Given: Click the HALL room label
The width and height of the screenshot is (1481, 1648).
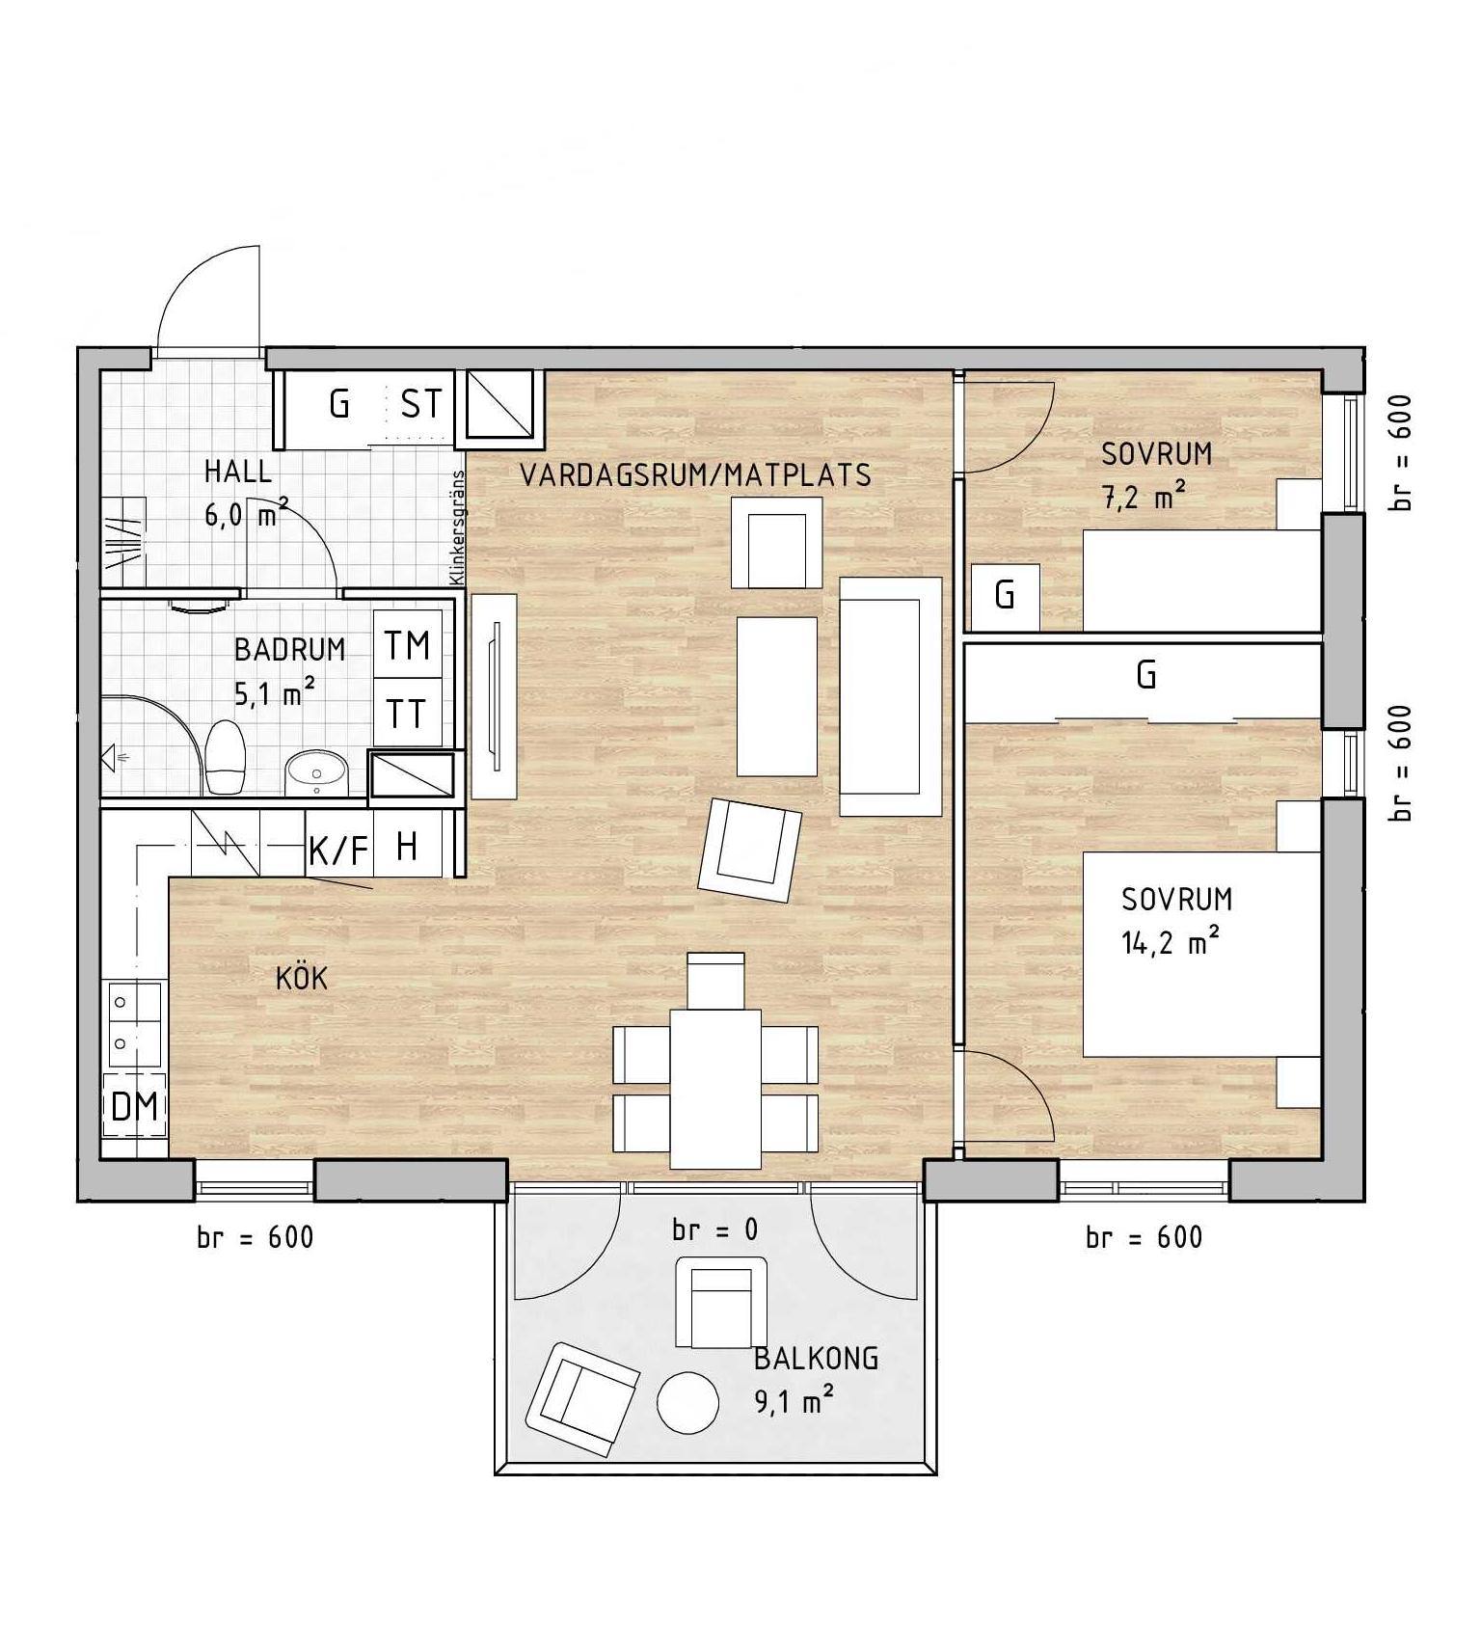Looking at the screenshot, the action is pos(238,472).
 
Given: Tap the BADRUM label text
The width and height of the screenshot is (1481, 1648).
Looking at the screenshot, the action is pos(290,649).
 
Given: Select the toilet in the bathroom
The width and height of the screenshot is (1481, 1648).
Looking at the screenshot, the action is pos(227,756).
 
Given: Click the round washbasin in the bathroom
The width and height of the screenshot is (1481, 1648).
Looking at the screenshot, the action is pos(315,771).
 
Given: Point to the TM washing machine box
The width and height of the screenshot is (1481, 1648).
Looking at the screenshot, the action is pos(408,644).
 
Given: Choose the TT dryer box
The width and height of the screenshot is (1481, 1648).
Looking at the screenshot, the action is pos(408,713).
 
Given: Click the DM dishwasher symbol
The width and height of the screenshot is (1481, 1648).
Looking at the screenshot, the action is pos(135,1106).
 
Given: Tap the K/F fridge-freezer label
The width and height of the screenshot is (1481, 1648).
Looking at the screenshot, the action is pos(338,851).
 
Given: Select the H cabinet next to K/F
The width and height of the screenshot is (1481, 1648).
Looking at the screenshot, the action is pos(408,845).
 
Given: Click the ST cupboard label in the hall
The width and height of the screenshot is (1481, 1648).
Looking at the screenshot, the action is pos(421,404).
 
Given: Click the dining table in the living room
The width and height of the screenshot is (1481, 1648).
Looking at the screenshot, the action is pos(715,1089).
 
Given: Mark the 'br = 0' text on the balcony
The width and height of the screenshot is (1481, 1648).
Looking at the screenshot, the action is pos(715,1229).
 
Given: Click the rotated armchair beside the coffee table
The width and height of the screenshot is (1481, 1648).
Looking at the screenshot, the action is pos(750,850).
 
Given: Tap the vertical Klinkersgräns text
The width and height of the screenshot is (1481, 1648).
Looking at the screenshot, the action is pos(458,527).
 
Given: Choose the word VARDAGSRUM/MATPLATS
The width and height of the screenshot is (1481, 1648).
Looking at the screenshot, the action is pos(695,474).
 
